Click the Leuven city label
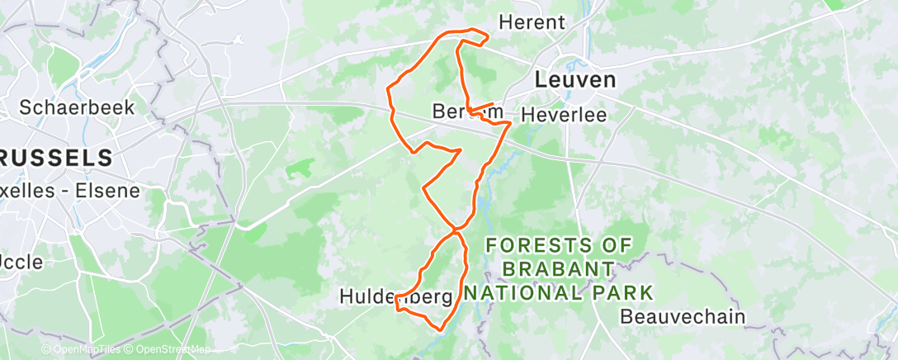point(575,80)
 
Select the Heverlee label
point(575,115)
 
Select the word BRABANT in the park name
point(559,268)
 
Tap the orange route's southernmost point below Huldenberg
point(440,329)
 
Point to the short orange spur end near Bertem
point(494,104)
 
